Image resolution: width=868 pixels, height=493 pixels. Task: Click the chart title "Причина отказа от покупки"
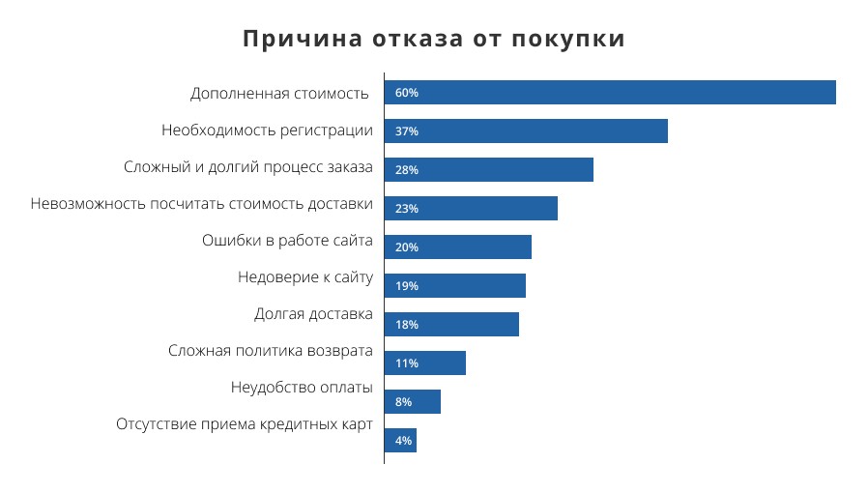pyautogui.click(x=433, y=39)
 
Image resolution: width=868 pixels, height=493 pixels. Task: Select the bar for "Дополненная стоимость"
pyautogui.click(x=609, y=93)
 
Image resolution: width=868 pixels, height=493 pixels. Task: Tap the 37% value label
pyautogui.click(x=406, y=131)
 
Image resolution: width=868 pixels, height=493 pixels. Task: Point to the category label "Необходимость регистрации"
pyautogui.click(x=267, y=130)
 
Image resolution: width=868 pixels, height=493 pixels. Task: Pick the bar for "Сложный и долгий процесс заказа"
pyautogui.click(x=488, y=170)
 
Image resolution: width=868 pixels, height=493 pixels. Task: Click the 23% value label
pyautogui.click(x=406, y=209)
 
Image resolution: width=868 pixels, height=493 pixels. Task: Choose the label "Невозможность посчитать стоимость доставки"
pyautogui.click(x=201, y=204)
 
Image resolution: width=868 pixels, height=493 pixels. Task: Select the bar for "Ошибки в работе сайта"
pyautogui.click(x=457, y=247)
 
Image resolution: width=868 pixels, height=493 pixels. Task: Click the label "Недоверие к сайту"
pyautogui.click(x=304, y=277)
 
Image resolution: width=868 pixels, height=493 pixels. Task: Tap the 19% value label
pyautogui.click(x=406, y=286)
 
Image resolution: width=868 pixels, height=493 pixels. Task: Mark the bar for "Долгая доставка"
pyautogui.click(x=451, y=325)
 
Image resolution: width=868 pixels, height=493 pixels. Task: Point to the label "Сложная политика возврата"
pyautogui.click(x=270, y=351)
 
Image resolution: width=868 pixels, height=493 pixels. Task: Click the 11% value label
pyautogui.click(x=406, y=363)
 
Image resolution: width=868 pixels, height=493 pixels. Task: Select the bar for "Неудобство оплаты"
pyautogui.click(x=412, y=402)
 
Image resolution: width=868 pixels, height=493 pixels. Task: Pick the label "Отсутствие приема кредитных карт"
pyautogui.click(x=244, y=424)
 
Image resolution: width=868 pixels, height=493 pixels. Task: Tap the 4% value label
pyautogui.click(x=403, y=441)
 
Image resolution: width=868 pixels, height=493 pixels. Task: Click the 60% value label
pyautogui.click(x=406, y=93)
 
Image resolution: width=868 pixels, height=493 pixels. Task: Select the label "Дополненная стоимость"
pyautogui.click(x=279, y=94)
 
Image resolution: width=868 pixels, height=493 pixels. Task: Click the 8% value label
pyautogui.click(x=403, y=402)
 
